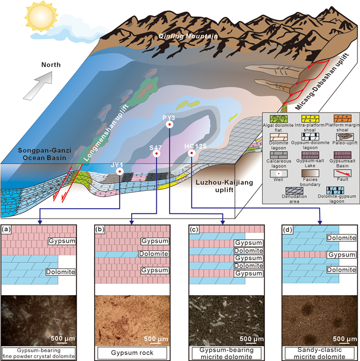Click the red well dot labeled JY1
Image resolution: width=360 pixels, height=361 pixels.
119,172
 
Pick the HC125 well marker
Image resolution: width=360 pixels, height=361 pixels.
191,153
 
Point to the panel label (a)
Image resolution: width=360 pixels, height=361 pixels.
8,229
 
